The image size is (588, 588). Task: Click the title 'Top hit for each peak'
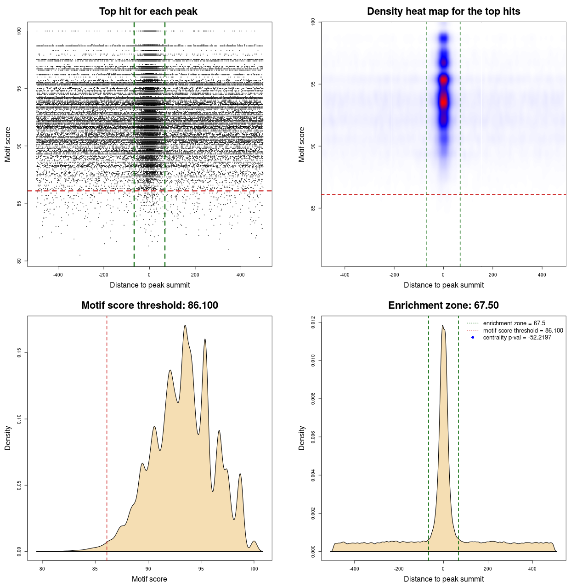pyautogui.click(x=148, y=11)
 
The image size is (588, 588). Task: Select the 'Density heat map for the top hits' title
pyautogui.click(x=443, y=11)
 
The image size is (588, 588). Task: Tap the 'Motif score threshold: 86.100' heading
pyautogui.click(x=149, y=305)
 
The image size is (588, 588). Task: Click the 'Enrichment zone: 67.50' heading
pyautogui.click(x=443, y=305)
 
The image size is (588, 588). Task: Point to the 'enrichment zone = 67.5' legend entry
pyautogui.click(x=514, y=323)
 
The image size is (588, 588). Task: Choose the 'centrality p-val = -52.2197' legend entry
pyautogui.click(x=517, y=338)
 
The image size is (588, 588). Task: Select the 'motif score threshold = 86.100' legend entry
pyautogui.click(x=523, y=331)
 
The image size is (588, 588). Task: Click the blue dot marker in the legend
pyautogui.click(x=473, y=338)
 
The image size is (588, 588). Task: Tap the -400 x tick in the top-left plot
pyautogui.click(x=58, y=275)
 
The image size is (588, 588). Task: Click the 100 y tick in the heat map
pyautogui.click(x=313, y=22)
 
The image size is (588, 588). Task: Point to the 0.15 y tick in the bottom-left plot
pyautogui.click(x=19, y=352)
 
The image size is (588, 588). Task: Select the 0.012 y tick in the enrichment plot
pyautogui.click(x=313, y=322)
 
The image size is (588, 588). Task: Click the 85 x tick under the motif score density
pyautogui.click(x=95, y=569)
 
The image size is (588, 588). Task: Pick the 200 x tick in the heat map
pyautogui.click(x=493, y=275)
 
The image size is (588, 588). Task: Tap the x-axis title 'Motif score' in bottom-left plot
pyautogui.click(x=149, y=579)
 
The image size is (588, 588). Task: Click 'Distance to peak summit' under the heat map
pyautogui.click(x=443, y=285)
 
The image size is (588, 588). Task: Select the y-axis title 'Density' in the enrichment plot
pyautogui.click(x=302, y=438)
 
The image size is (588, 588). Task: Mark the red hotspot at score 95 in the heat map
pyautogui.click(x=443, y=80)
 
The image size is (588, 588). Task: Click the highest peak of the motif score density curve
pyautogui.click(x=185, y=326)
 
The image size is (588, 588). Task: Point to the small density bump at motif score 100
pyautogui.click(x=254, y=542)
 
